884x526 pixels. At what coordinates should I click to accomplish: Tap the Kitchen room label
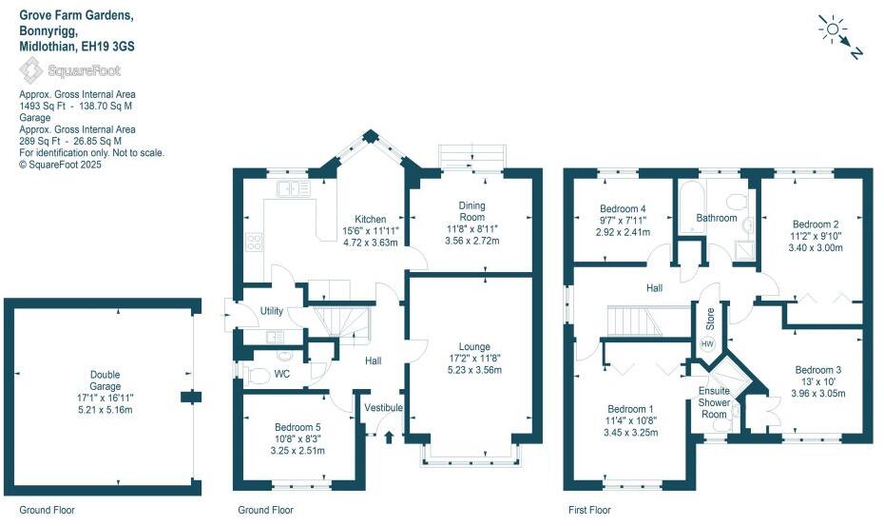[371, 218]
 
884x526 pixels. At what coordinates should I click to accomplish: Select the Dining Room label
[472, 210]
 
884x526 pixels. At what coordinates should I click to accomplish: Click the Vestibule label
[383, 408]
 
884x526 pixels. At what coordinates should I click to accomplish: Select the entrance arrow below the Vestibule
[390, 437]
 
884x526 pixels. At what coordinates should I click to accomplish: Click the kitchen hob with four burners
[255, 242]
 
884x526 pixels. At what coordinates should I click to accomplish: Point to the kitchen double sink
[294, 188]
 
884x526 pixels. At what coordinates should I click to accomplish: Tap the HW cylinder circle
[707, 343]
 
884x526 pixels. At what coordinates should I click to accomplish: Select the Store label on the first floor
[708, 314]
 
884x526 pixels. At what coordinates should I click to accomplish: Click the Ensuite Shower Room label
[714, 402]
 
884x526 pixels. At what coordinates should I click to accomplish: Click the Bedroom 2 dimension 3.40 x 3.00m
[815, 247]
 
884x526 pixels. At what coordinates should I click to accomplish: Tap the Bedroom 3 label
[818, 369]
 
